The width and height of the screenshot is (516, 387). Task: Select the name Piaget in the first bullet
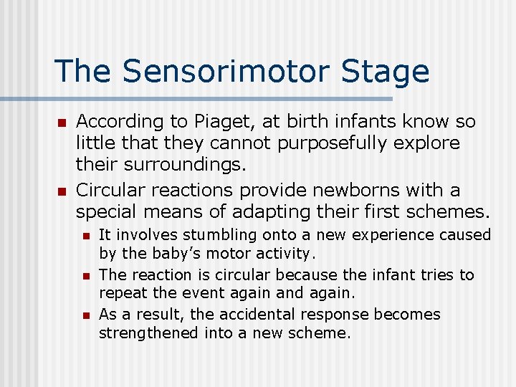221,123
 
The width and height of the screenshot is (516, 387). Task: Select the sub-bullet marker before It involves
85,236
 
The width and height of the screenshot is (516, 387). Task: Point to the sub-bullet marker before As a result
85,315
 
